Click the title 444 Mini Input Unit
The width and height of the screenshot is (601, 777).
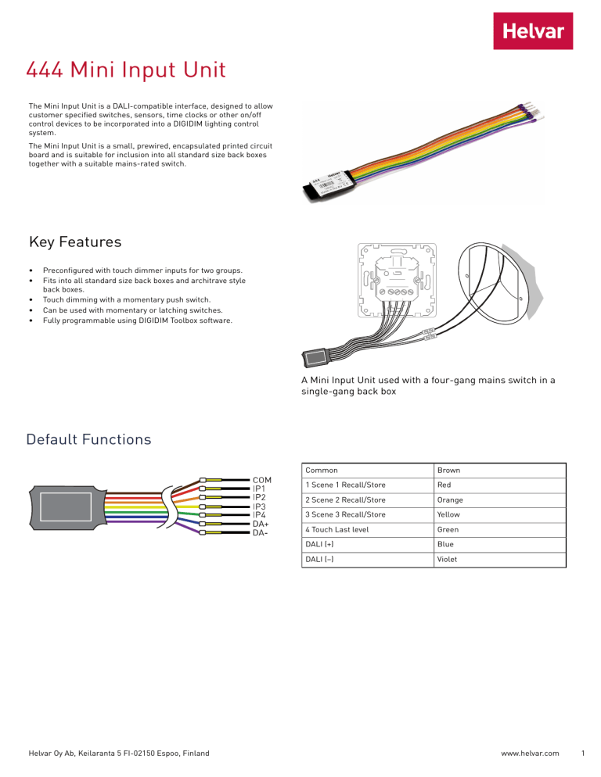126,71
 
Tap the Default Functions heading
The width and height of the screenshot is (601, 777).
88,439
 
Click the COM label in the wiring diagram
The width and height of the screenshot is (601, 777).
263,480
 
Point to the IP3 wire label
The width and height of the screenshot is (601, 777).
260,507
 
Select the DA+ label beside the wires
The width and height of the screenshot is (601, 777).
261,524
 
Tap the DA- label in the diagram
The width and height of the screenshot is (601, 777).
261,533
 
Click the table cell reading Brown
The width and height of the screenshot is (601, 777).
449,471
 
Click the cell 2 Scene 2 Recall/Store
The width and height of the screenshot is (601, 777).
345,500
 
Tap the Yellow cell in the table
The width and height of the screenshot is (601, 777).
449,515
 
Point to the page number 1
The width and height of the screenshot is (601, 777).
585,754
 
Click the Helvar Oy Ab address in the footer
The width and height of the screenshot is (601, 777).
118,754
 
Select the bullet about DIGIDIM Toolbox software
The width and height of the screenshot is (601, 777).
137,320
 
